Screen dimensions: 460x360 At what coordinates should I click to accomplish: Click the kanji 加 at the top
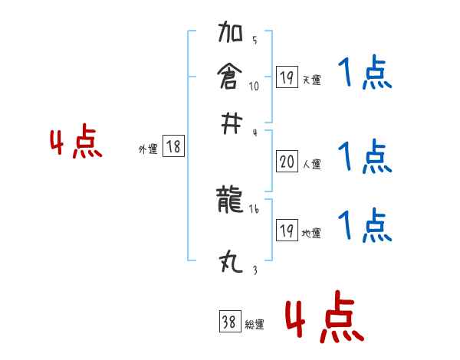(x=231, y=34)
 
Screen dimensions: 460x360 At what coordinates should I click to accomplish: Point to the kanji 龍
(x=231, y=201)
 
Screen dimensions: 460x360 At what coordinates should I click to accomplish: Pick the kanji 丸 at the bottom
(x=231, y=264)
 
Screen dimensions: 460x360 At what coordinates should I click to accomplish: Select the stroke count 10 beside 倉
(x=254, y=86)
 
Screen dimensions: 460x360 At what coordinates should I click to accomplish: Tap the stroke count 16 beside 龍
(x=254, y=208)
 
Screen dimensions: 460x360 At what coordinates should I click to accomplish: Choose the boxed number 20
(x=286, y=162)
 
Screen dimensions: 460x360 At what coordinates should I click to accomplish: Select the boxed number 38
(x=229, y=322)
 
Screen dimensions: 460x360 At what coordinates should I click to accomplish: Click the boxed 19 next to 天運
(x=286, y=77)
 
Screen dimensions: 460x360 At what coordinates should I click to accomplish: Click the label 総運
(x=255, y=325)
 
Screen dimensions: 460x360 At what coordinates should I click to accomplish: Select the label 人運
(x=311, y=164)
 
